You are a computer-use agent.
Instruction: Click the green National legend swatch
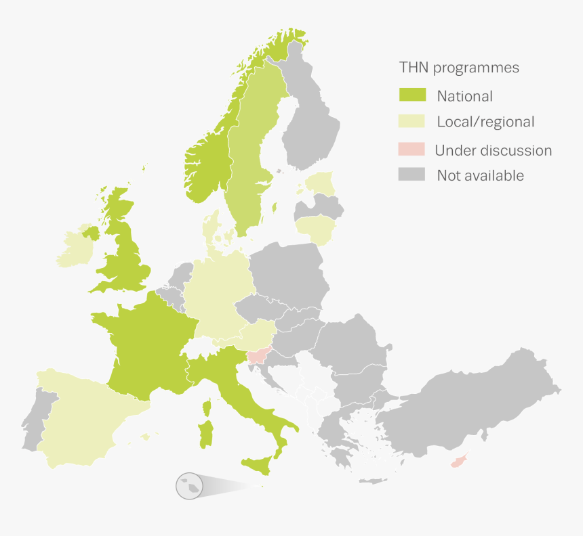point(412,95)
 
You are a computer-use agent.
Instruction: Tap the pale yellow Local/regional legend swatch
point(412,121)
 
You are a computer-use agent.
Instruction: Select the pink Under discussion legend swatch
point(412,149)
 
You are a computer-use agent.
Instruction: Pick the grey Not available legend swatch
point(412,175)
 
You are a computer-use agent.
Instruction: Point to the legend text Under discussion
point(494,150)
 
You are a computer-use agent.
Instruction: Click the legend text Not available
point(480,175)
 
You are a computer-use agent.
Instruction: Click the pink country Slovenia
point(258,354)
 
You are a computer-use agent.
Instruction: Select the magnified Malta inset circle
point(189,486)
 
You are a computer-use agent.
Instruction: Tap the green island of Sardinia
point(205,434)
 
